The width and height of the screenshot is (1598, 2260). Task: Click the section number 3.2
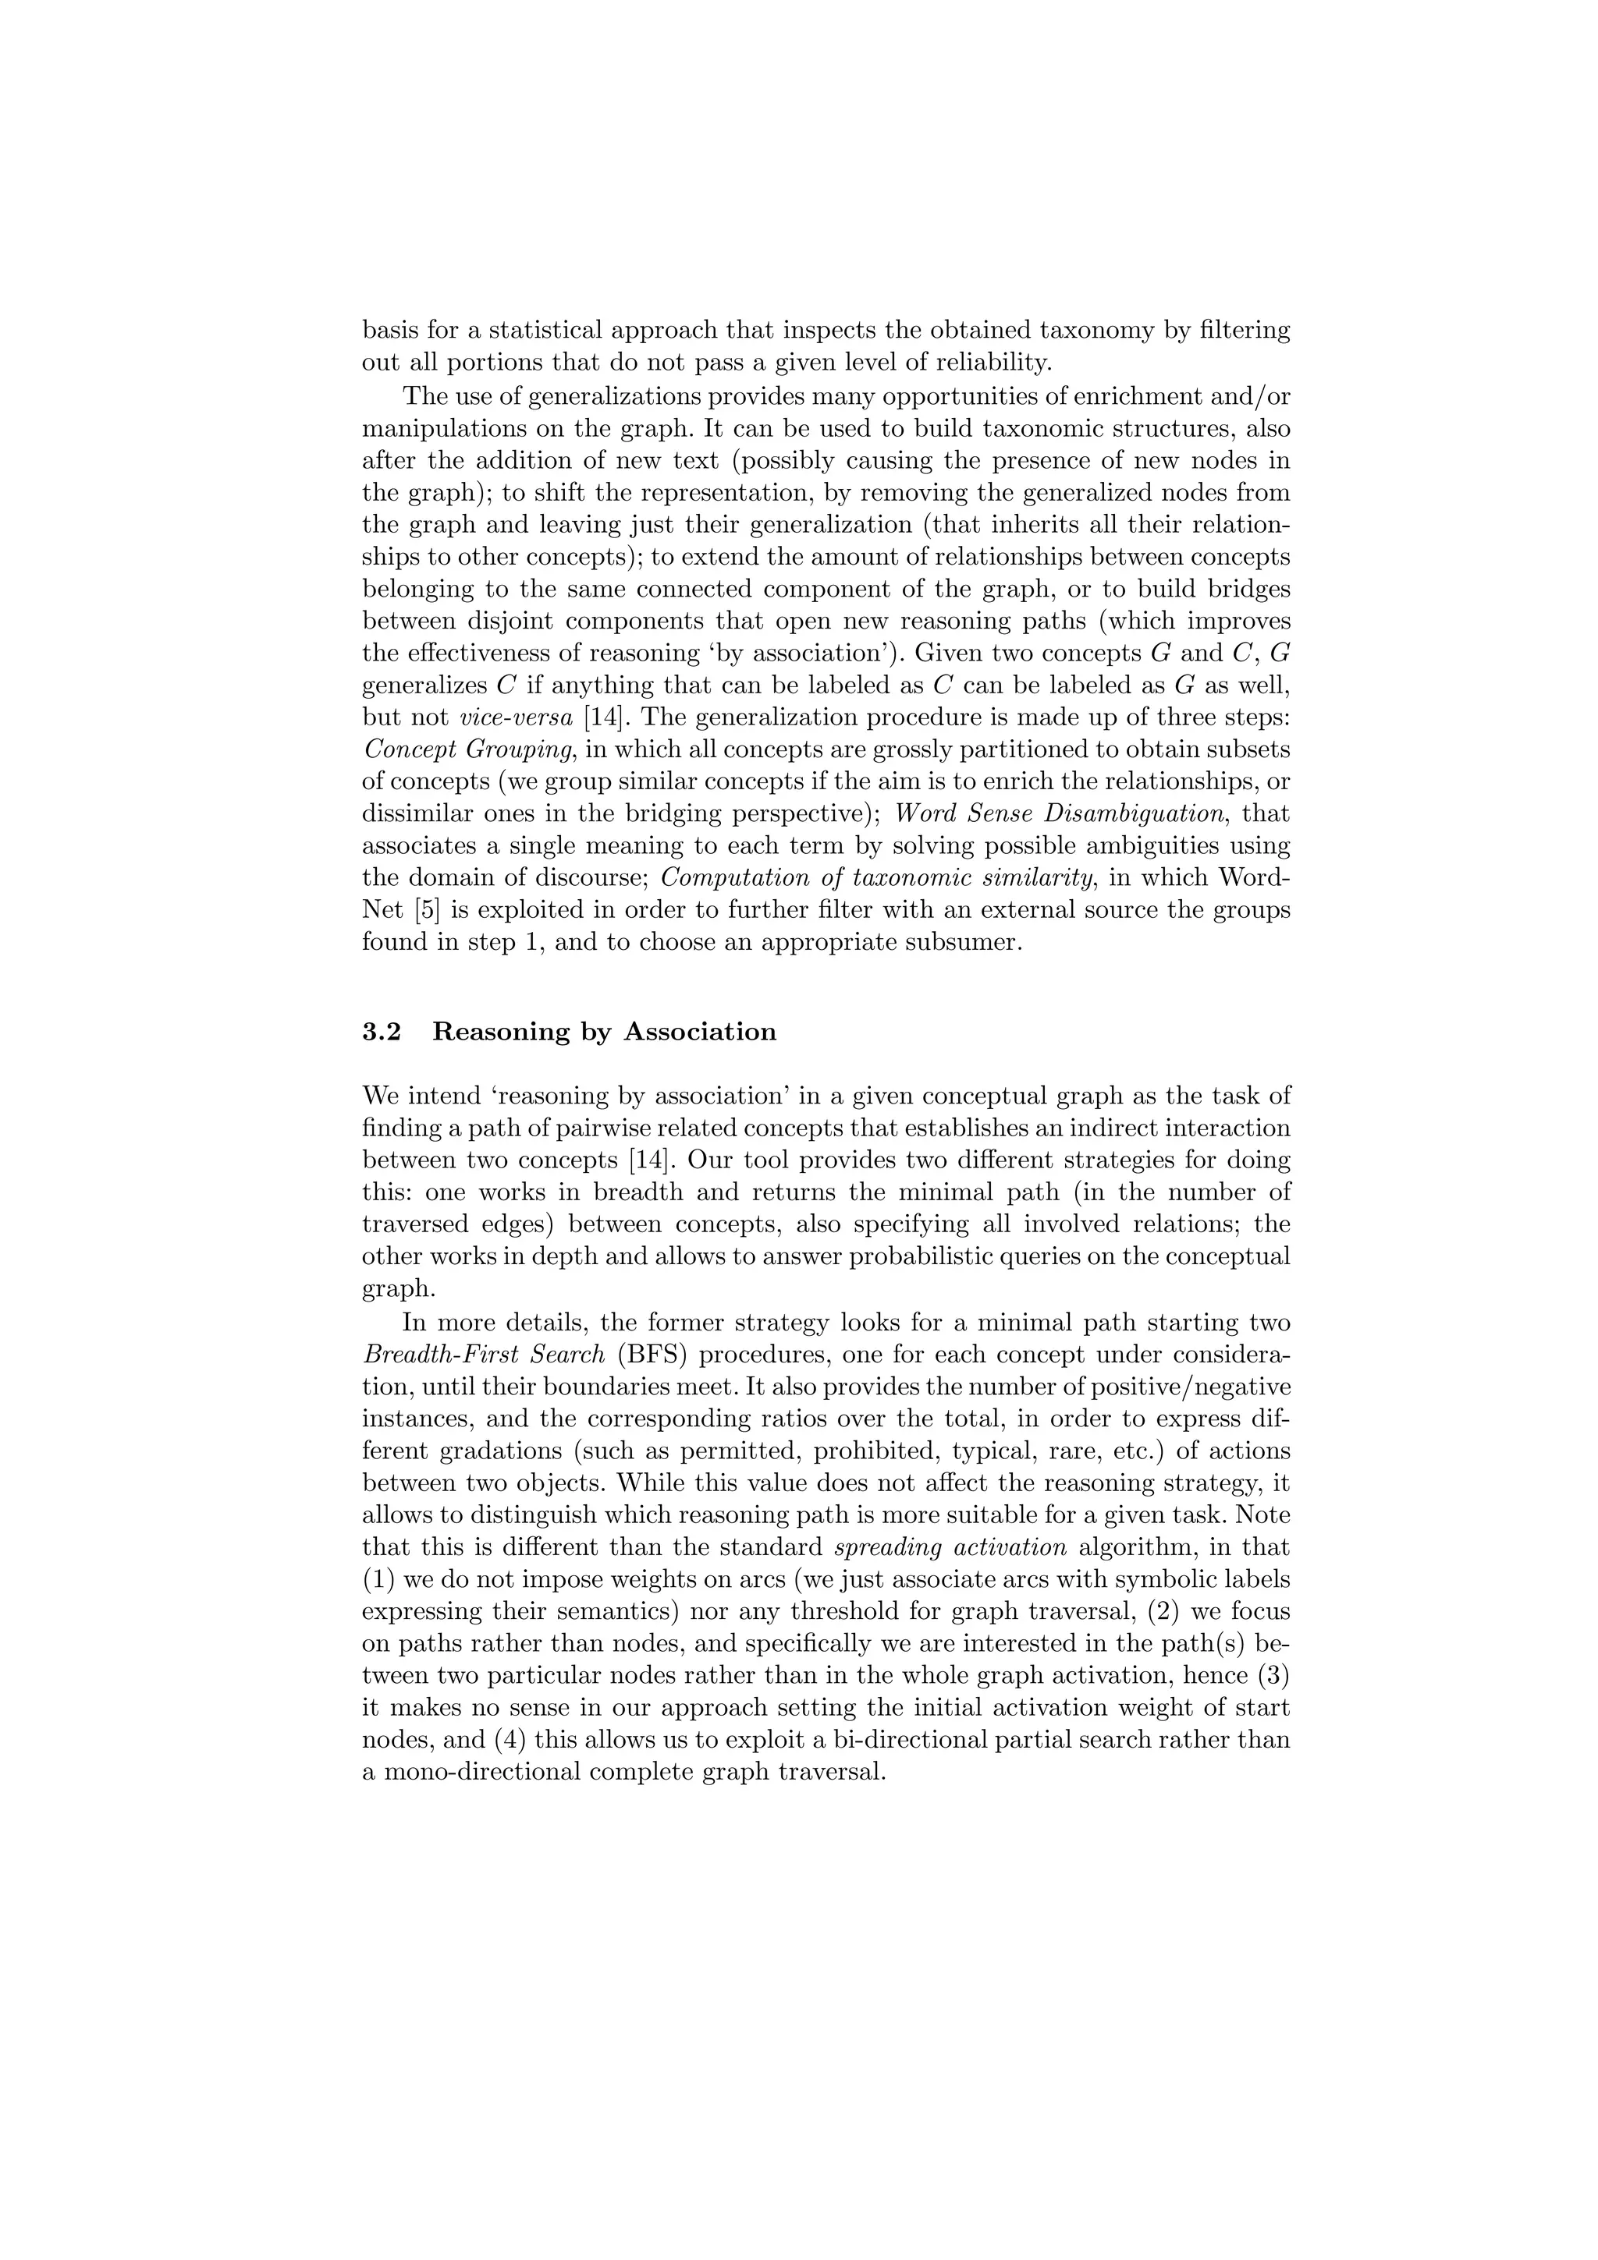click(382, 1032)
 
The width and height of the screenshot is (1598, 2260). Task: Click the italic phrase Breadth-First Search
click(484, 1354)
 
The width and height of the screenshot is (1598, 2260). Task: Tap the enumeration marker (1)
click(379, 1579)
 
